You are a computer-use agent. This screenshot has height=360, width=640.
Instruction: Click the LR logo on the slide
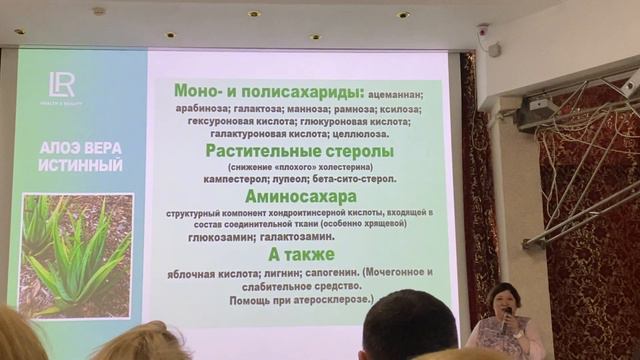(60, 87)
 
